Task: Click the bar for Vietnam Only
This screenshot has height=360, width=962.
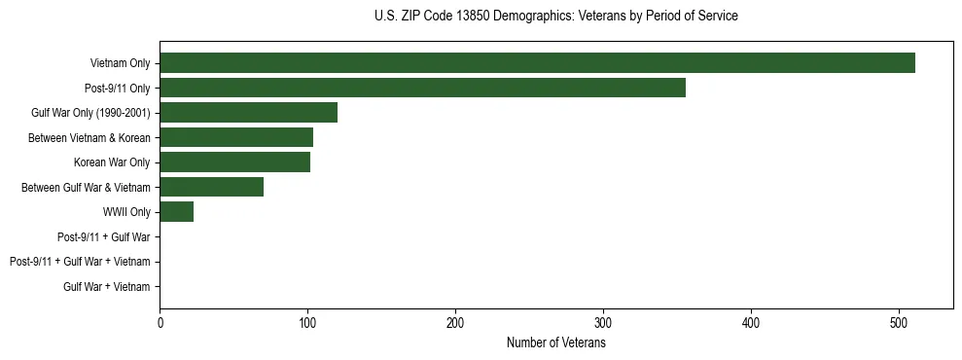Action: (537, 63)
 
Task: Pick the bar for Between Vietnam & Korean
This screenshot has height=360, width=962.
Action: (236, 137)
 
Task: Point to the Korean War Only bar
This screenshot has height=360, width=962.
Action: (234, 162)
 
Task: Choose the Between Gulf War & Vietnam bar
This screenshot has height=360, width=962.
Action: (211, 187)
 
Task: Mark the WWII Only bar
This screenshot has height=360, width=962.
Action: (176, 212)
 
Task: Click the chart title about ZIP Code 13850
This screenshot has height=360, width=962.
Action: (555, 17)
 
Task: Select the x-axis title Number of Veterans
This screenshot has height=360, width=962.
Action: (555, 343)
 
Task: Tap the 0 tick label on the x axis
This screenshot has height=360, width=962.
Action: (160, 324)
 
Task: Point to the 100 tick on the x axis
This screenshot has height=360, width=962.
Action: (307, 324)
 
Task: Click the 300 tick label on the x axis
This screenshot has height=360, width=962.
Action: (603, 324)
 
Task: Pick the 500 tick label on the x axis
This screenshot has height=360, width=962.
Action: (899, 324)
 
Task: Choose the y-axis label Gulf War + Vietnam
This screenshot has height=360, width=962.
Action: (107, 287)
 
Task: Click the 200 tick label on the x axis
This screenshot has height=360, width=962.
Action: (455, 324)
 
